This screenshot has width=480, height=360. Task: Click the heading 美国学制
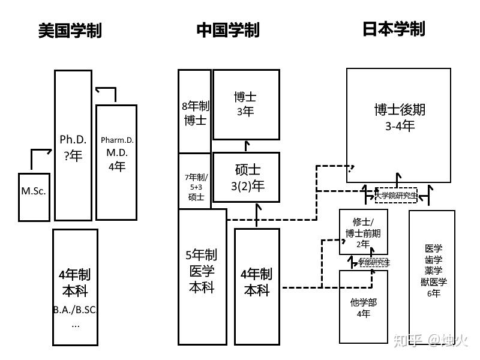click(x=70, y=31)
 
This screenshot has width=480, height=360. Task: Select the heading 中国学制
click(x=228, y=31)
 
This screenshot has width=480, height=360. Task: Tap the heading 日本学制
click(x=394, y=29)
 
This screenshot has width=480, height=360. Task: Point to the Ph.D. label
click(x=73, y=139)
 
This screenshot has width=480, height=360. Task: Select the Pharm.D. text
click(x=117, y=140)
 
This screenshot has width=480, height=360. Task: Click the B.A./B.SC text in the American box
click(x=75, y=311)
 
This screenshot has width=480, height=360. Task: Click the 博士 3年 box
click(x=246, y=104)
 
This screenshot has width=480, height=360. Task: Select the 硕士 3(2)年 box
click(x=247, y=178)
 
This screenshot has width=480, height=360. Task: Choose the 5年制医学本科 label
click(x=202, y=271)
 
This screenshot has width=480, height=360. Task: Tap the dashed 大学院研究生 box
click(x=395, y=195)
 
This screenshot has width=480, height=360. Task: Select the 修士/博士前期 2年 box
click(x=363, y=232)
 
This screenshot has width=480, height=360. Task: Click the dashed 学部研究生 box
click(x=374, y=262)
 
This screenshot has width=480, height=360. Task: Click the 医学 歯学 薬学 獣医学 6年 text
click(x=433, y=271)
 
